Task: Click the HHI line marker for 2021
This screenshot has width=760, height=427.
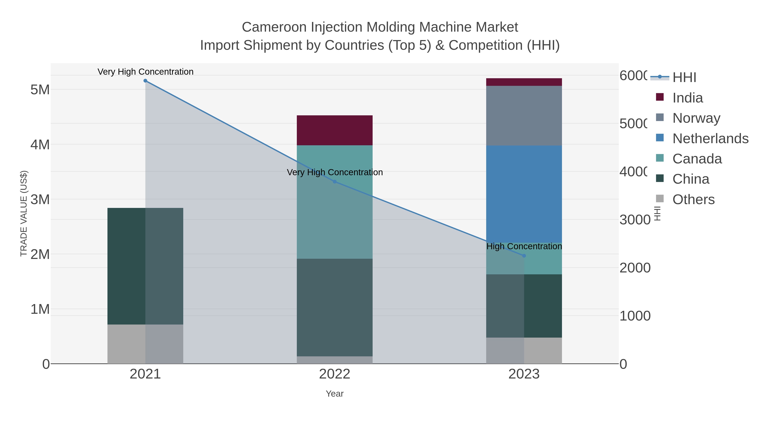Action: click(145, 81)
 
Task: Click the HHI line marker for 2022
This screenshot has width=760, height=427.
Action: click(335, 182)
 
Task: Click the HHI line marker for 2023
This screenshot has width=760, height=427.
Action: click(524, 256)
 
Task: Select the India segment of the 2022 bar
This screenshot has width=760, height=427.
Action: click(335, 130)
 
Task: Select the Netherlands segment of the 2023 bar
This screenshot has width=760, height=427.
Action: click(524, 194)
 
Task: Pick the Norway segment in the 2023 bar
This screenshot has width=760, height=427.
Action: click(524, 116)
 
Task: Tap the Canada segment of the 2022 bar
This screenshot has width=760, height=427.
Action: click(335, 202)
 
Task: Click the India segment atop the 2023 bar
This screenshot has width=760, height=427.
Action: click(524, 82)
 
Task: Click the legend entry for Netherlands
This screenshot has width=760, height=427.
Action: click(710, 139)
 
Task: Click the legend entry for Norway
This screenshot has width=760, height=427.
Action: click(696, 118)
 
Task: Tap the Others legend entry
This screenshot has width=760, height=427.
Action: click(693, 199)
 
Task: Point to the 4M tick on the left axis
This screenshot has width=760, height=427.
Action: click(40, 145)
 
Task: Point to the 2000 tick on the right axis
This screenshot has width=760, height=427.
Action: click(635, 268)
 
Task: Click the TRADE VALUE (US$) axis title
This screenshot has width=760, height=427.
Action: click(24, 213)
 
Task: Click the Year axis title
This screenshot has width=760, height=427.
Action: click(335, 394)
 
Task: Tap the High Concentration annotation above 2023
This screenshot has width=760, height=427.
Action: click(524, 246)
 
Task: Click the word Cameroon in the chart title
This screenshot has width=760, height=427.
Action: click(273, 27)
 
